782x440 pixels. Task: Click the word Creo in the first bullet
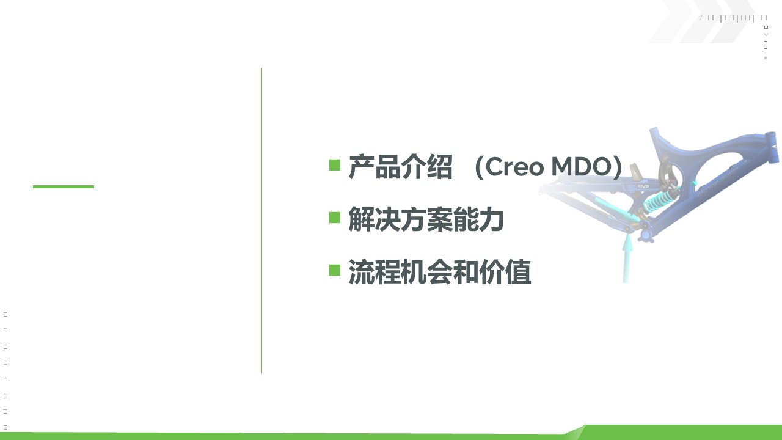(x=514, y=167)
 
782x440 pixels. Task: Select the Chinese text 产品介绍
(x=400, y=167)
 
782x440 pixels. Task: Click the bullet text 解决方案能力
(x=426, y=219)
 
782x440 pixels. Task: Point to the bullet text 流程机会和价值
(x=440, y=271)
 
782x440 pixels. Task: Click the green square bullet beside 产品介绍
(x=335, y=165)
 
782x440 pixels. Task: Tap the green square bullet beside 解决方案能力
(x=335, y=218)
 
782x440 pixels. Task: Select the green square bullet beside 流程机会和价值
(x=335, y=270)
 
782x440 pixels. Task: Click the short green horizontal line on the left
(x=64, y=186)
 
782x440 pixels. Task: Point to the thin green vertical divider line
(x=261, y=221)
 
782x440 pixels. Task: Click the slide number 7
(x=701, y=18)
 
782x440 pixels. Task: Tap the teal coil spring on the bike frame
(x=659, y=201)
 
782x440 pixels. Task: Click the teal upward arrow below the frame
(x=627, y=258)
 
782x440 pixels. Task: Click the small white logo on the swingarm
(x=643, y=187)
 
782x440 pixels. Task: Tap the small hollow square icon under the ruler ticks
(x=766, y=27)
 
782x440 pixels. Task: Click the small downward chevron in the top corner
(x=766, y=34)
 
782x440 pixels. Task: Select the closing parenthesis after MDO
(x=618, y=167)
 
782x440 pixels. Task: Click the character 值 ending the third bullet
(x=519, y=271)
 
